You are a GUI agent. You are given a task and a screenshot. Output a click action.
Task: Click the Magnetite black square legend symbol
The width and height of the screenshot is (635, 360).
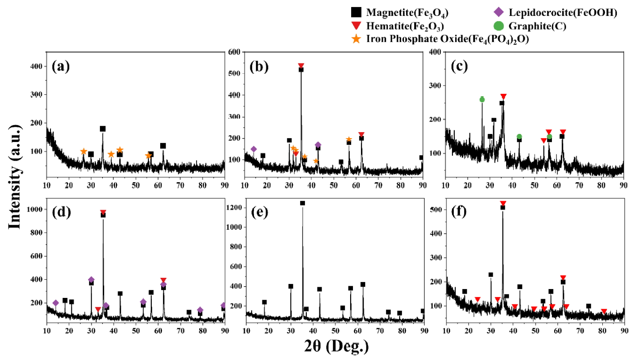click(x=356, y=13)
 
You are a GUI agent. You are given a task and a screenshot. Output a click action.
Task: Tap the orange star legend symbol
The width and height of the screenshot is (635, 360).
click(x=356, y=40)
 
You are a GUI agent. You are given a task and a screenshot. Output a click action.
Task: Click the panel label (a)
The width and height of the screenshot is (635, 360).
click(x=61, y=66)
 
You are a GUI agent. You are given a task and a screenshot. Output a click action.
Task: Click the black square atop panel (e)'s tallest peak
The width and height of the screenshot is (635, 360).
click(x=303, y=203)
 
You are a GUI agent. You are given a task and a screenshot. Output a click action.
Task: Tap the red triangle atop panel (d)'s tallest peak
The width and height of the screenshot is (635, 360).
click(x=103, y=212)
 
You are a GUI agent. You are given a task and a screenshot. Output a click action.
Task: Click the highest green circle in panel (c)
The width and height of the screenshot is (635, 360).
click(x=482, y=99)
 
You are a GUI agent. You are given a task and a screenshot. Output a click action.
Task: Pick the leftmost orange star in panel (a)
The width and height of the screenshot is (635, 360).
click(x=84, y=151)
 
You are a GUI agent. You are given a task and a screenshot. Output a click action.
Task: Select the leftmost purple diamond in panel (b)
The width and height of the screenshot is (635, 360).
click(x=254, y=149)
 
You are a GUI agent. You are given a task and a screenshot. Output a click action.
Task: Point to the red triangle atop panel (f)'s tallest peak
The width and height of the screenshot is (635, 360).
click(x=503, y=203)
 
